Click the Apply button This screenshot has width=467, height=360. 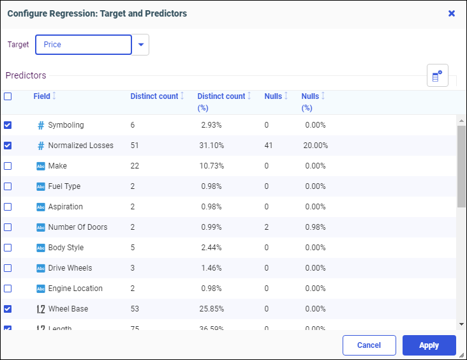429,345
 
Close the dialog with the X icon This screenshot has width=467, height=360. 452,13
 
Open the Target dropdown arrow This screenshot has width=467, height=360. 141,45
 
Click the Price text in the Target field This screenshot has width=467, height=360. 53,45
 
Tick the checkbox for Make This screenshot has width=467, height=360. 8,166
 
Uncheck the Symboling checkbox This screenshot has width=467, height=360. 8,125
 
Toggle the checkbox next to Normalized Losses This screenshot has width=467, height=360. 8,146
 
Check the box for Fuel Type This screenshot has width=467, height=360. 8,186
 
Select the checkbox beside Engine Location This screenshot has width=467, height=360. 8,289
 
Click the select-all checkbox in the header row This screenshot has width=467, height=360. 8,96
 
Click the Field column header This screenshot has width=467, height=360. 41,96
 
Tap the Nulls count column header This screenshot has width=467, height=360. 273,96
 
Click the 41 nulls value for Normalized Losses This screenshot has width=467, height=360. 269,146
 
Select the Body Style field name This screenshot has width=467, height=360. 66,248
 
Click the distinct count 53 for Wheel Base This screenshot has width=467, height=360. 135,309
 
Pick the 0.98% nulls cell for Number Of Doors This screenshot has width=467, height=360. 315,227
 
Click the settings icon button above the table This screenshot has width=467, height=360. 437,76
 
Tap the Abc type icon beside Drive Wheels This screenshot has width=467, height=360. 41,268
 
